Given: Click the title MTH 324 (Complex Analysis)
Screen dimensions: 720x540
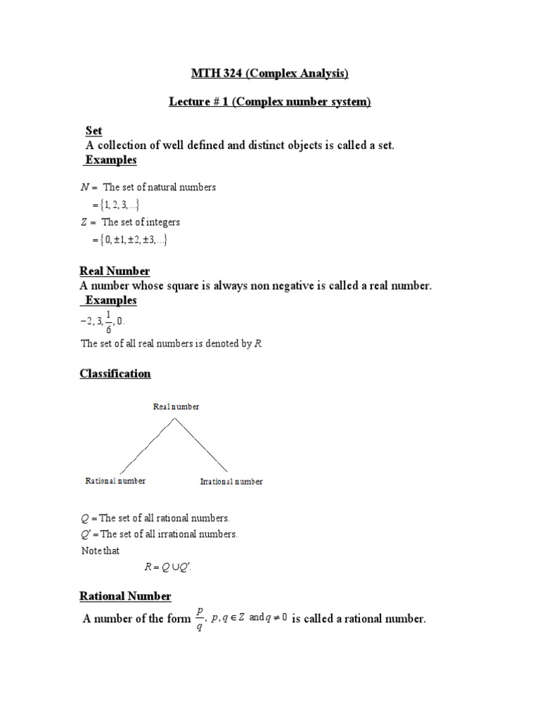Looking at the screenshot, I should [x=270, y=73].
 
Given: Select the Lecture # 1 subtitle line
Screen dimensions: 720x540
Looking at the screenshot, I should [x=270, y=102].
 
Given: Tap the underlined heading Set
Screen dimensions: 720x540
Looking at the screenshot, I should [x=94, y=131].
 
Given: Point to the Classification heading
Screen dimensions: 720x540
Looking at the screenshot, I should [x=115, y=373].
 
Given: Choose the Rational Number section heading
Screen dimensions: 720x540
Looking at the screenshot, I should [x=125, y=596].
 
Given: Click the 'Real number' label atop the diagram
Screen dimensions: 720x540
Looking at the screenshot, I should [x=176, y=407].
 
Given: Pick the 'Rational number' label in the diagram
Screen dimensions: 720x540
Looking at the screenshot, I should [x=115, y=481].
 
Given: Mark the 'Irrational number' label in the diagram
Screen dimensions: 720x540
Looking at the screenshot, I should [x=231, y=482].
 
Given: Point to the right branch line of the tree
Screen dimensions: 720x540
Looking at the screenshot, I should [x=201, y=445].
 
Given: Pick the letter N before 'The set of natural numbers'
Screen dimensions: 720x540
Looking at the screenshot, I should [x=86, y=188].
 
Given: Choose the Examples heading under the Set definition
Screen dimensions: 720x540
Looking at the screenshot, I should [x=111, y=160].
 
